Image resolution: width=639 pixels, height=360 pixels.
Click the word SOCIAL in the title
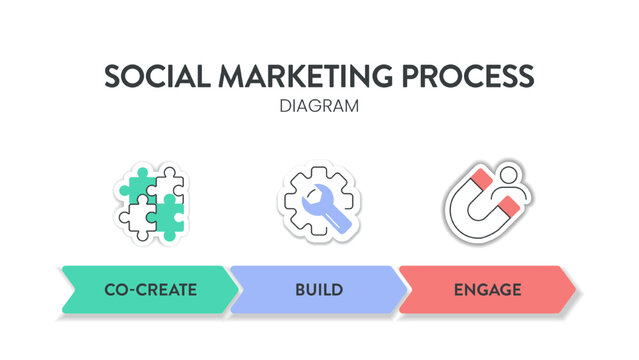tap(151, 78)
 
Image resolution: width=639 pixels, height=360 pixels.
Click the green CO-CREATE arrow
tap(150, 290)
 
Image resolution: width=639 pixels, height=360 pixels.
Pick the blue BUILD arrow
tap(319, 290)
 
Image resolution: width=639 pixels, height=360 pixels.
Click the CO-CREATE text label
tap(150, 290)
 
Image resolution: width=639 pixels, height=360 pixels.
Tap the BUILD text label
tap(319, 290)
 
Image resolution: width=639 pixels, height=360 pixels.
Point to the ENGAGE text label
tap(488, 290)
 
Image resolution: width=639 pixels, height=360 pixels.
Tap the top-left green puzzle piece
tap(135, 183)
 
